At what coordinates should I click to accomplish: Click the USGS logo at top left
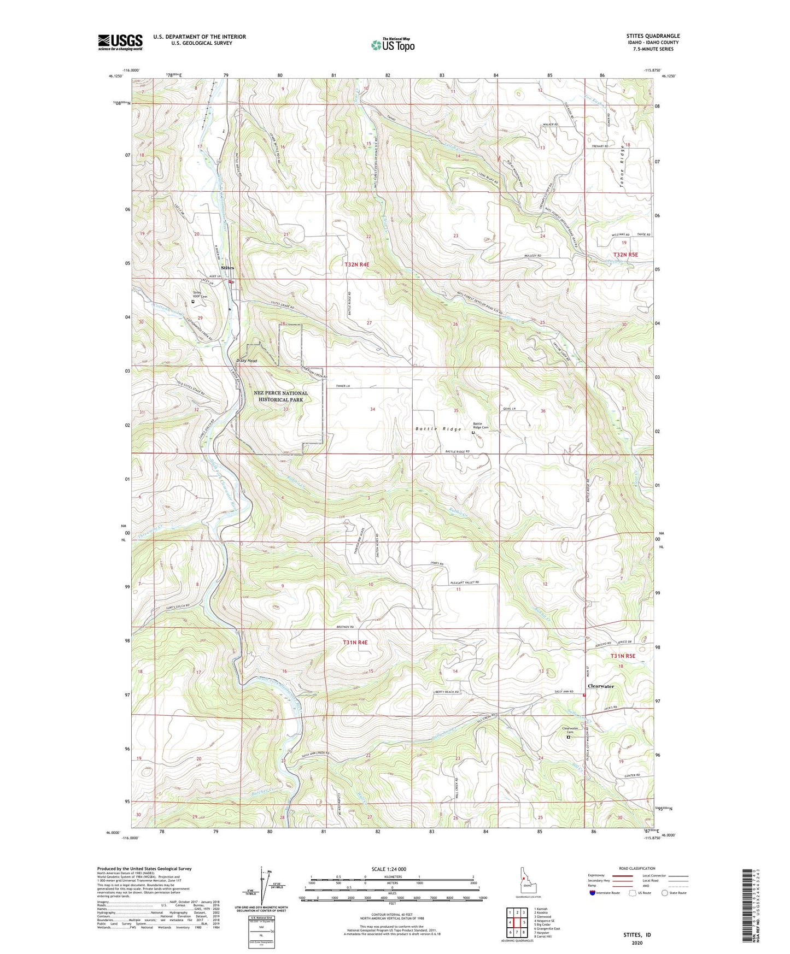120,42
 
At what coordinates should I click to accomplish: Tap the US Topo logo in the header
392,45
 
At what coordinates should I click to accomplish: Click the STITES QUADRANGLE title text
653,36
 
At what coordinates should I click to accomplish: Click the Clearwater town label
601,686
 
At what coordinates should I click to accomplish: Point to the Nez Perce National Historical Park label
280,396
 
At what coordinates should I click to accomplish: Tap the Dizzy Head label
247,361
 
